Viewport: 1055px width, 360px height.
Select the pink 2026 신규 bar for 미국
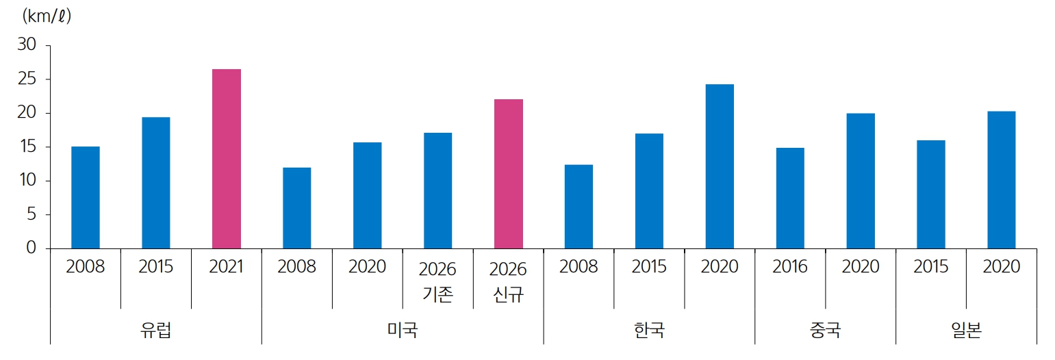pos(508,174)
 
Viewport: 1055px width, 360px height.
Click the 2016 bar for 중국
pos(790,198)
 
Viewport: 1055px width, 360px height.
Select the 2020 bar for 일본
pos(1001,180)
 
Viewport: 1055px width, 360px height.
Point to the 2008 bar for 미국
pos(296,208)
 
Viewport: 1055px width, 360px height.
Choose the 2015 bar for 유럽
pos(155,183)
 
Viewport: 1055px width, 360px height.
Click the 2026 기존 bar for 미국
pos(437,190)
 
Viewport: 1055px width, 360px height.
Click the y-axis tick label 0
pos(31,248)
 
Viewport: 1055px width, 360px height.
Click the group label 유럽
pos(155,331)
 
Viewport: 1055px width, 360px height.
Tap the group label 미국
pos(403,331)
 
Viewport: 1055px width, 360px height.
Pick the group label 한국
pos(649,331)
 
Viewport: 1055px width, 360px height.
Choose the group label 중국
pos(825,331)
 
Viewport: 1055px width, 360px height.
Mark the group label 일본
pos(966,331)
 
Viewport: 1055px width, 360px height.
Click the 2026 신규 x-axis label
pos(508,281)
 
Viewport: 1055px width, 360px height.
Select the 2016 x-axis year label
pos(790,267)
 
